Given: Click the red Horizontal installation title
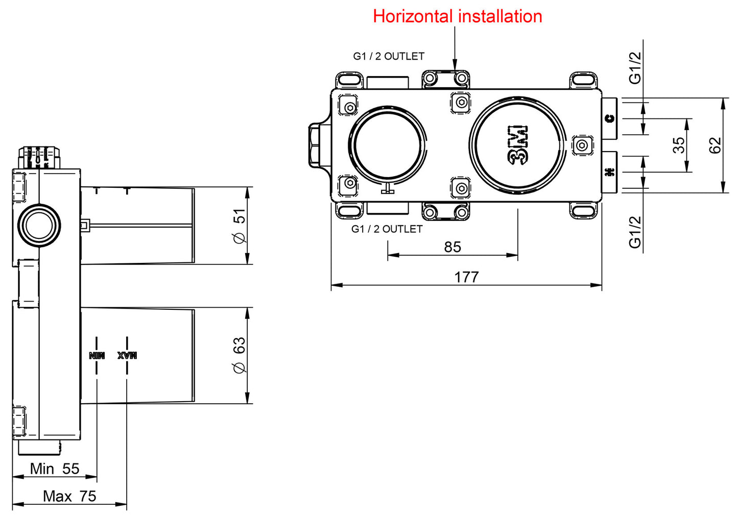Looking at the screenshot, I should pyautogui.click(x=457, y=16).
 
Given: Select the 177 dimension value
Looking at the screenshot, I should pyautogui.click(x=466, y=277).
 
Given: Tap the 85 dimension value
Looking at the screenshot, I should pyautogui.click(x=453, y=247).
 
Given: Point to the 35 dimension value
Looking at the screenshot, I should pyautogui.click(x=679, y=145).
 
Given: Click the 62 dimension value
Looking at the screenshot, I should pyautogui.click(x=716, y=145).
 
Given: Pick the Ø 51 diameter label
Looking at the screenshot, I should pyautogui.click(x=239, y=226).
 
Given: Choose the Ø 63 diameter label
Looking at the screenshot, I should pyautogui.click(x=239, y=355).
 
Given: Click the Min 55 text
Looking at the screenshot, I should pyautogui.click(x=55, y=469).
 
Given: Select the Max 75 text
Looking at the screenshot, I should pyautogui.click(x=69, y=496).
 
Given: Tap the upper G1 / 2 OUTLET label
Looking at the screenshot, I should pyautogui.click(x=389, y=56).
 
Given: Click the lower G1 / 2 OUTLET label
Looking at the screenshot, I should pyautogui.click(x=387, y=229).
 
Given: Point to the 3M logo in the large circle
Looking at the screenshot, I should pyautogui.click(x=518, y=145).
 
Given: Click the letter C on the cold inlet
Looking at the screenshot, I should pyautogui.click(x=609, y=119).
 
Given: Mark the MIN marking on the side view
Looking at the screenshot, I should pyautogui.click(x=97, y=355).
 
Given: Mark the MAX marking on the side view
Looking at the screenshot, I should pyautogui.click(x=127, y=355).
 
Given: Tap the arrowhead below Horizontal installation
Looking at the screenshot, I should pyautogui.click(x=455, y=66).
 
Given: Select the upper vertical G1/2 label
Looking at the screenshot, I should pyautogui.click(x=635, y=67).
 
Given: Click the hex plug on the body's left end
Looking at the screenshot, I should pyautogui.click(x=314, y=145).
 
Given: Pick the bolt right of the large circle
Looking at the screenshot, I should pyautogui.click(x=582, y=145).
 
